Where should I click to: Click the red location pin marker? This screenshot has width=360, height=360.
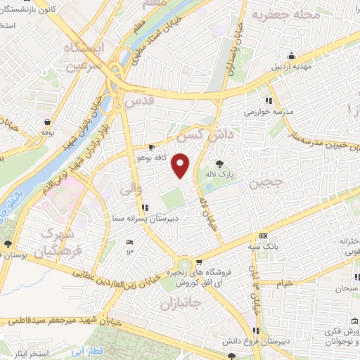tap(181, 165)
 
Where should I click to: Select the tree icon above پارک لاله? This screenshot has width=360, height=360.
tap(224, 162)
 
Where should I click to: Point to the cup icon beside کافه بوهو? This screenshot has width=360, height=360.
tap(152, 148)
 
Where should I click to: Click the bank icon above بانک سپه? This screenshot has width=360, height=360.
tap(264, 236)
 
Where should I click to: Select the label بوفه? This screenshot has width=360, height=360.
tap(48, 131)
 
